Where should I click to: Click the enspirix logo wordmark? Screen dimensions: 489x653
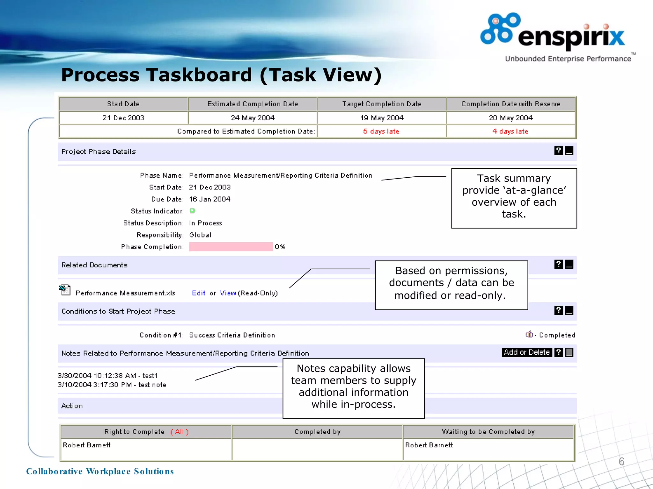click(571, 37)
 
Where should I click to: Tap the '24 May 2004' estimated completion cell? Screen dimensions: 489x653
click(253, 118)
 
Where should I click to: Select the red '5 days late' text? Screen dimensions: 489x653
click(381, 131)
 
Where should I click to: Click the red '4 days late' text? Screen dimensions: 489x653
click(510, 131)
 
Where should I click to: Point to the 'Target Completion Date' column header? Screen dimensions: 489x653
click(382, 104)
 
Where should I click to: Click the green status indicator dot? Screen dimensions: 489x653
click(192, 211)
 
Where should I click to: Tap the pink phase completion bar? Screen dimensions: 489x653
click(231, 247)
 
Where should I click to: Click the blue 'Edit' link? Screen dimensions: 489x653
click(198, 293)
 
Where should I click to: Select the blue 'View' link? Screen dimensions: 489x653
click(228, 293)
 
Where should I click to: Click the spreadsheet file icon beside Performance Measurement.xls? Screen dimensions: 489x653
click(65, 290)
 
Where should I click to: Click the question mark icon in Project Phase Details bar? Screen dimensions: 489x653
click(558, 151)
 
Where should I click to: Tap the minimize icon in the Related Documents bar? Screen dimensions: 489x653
click(569, 264)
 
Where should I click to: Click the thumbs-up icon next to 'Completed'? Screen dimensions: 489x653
click(529, 334)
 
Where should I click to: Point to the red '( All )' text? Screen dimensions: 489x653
click(180, 432)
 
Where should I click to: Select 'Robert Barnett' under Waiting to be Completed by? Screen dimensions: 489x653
click(429, 445)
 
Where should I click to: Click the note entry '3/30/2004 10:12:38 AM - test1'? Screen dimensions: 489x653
click(107, 376)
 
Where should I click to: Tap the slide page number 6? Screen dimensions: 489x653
click(621, 461)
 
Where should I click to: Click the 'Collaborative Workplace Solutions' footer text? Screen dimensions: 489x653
click(100, 471)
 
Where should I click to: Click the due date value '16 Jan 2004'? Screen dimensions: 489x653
click(209, 199)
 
